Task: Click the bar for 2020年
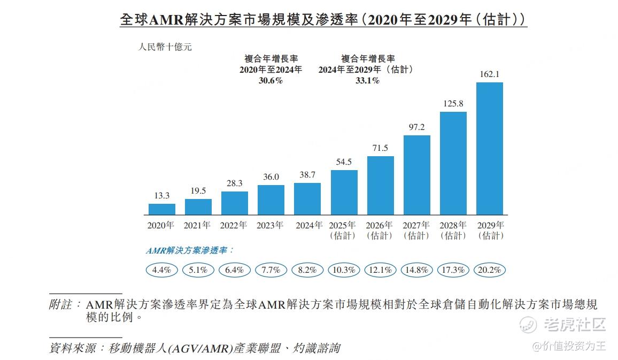click(162, 209)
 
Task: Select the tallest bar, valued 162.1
click(490, 148)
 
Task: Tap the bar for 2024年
click(307, 198)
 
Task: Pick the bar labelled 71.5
click(381, 185)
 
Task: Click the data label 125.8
click(453, 103)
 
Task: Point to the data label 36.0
click(271, 177)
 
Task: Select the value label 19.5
click(198, 190)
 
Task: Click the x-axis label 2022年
click(234, 225)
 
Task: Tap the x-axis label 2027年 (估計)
click(416, 230)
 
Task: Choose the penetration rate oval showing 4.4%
click(161, 270)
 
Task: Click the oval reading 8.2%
click(307, 270)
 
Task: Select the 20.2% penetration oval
click(489, 270)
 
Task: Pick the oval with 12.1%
click(380, 270)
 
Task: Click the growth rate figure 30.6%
click(271, 81)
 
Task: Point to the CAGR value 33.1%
click(367, 81)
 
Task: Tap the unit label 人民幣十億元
click(165, 47)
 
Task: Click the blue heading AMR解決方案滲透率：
click(190, 250)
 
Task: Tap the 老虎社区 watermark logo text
click(575, 324)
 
